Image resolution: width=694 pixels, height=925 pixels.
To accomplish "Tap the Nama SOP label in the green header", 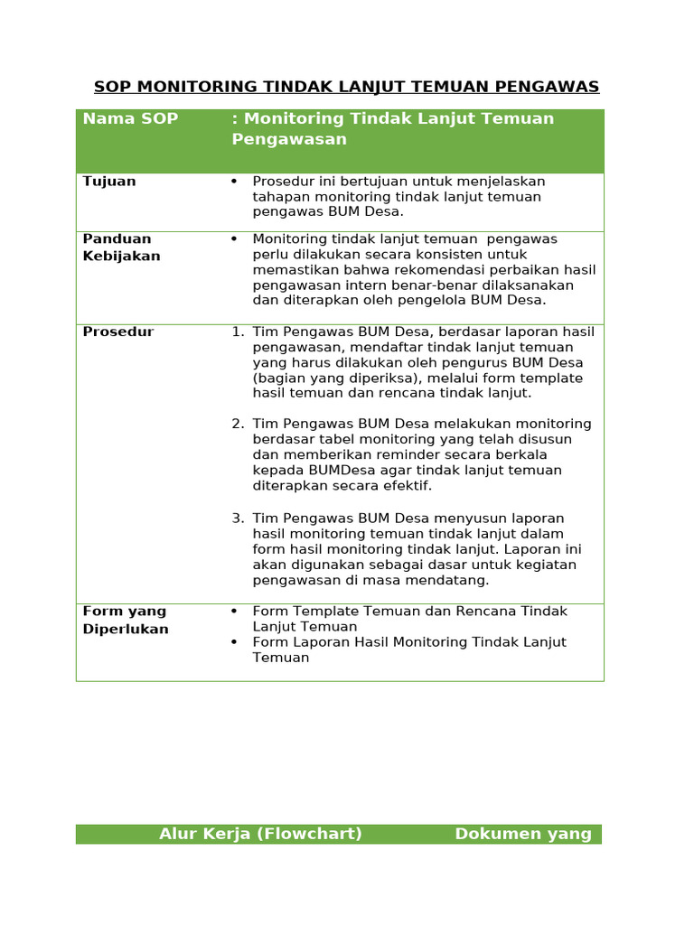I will coord(130,118).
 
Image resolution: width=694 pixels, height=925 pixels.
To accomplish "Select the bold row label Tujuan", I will coord(109,182).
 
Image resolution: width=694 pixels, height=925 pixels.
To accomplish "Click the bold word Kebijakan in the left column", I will coord(121,256).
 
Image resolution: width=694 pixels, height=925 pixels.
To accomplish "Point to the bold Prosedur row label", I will coord(118,332).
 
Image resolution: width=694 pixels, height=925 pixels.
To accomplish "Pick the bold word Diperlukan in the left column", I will coord(126,629).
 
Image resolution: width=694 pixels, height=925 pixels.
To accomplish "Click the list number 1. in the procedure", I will coord(238,332).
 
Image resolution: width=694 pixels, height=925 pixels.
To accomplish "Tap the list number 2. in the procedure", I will coord(238,424).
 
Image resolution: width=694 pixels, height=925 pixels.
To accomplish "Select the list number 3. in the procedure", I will coord(238,519).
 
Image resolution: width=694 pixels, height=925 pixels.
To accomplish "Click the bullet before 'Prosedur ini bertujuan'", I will coord(234,182).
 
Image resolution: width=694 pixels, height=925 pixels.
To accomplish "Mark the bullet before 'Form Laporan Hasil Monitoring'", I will coord(234,642).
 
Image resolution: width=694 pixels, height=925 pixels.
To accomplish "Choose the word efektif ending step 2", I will coord(408,486).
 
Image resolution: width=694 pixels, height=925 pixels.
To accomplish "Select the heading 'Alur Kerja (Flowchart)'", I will coord(260,834).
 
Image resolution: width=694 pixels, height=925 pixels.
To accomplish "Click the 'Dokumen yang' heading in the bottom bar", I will coord(523,834).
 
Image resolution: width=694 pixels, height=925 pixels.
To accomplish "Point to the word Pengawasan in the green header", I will coord(289,140).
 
